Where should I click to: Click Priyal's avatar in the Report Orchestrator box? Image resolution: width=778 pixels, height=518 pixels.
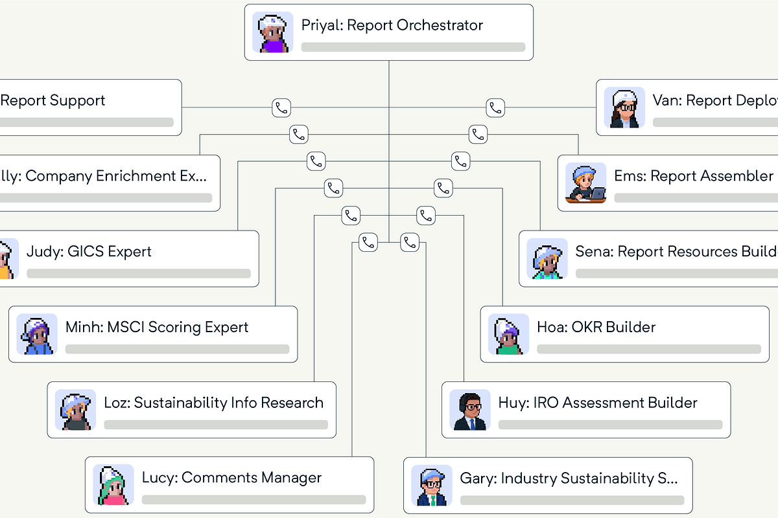pyautogui.click(x=272, y=32)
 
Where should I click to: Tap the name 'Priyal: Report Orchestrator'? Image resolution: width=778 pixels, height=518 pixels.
pyautogui.click(x=392, y=26)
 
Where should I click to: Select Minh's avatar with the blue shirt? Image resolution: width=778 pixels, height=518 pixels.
pyautogui.click(x=37, y=334)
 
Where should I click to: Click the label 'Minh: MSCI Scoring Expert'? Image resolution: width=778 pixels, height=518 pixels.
pyautogui.click(x=157, y=327)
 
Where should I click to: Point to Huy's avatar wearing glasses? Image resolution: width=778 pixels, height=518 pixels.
pyautogui.click(x=470, y=410)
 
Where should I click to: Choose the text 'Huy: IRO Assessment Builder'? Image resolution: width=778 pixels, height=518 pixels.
pyautogui.click(x=598, y=403)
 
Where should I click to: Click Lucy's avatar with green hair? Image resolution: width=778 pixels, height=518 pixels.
pyautogui.click(x=113, y=485)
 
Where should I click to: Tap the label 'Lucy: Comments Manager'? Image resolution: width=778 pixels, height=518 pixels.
pyautogui.click(x=232, y=478)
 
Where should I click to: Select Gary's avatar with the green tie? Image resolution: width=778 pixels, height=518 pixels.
pyautogui.click(x=432, y=486)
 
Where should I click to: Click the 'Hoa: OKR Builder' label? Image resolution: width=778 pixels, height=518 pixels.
pyautogui.click(x=596, y=327)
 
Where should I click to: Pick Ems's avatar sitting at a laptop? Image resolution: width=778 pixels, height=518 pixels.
pyautogui.click(x=585, y=183)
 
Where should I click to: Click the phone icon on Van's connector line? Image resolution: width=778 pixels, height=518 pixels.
pyautogui.click(x=496, y=107)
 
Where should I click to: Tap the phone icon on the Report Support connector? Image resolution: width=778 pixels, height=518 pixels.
pyautogui.click(x=281, y=107)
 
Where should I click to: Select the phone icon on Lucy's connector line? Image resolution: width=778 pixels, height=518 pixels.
pyautogui.click(x=368, y=242)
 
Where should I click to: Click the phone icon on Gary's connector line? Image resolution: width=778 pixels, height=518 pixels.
pyautogui.click(x=410, y=242)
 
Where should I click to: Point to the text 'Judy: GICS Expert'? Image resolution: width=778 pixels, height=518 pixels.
pyautogui.click(x=89, y=251)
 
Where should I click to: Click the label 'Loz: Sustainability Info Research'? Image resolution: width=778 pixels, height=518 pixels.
pyautogui.click(x=214, y=403)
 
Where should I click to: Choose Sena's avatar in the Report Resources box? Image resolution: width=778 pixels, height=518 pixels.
pyautogui.click(x=547, y=259)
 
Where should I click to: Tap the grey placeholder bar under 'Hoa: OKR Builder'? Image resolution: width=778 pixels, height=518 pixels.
pyautogui.click(x=649, y=350)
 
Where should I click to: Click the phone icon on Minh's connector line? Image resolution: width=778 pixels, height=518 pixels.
pyautogui.click(x=333, y=188)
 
